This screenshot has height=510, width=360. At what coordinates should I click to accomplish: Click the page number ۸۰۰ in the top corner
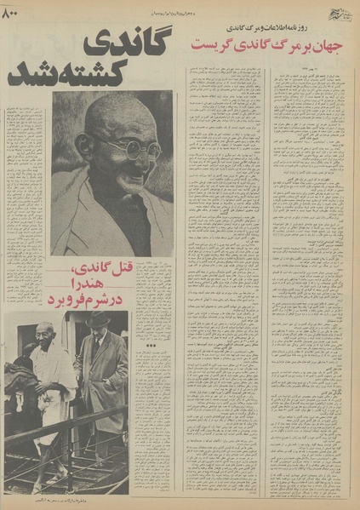tap(19, 14)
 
